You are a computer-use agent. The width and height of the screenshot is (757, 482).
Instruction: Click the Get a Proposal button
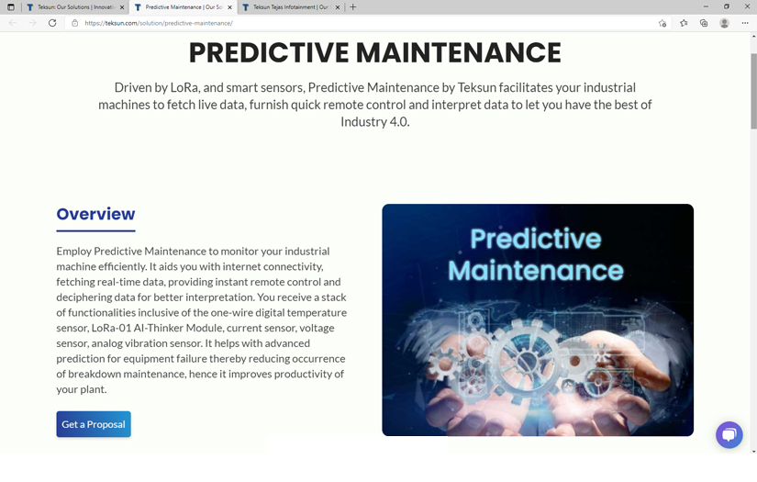(94, 424)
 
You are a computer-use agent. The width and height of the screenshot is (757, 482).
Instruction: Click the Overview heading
(95, 214)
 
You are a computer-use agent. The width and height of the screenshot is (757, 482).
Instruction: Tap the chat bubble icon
(729, 434)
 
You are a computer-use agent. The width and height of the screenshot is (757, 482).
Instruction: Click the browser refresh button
(52, 23)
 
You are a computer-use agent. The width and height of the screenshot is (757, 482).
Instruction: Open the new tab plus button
(353, 7)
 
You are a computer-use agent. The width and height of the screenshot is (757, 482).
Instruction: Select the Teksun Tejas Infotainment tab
(290, 7)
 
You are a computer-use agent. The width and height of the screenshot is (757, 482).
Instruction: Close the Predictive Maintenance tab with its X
(229, 7)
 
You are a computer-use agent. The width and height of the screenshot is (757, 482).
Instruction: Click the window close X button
(745, 6)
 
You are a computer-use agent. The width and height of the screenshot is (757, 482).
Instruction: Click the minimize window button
(706, 6)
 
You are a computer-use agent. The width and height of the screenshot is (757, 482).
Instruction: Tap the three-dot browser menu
(745, 23)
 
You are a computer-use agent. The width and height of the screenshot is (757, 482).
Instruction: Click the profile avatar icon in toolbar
(724, 23)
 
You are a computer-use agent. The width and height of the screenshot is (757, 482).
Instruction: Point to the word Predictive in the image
(536, 240)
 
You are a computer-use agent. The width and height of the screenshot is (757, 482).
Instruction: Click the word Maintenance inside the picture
(536, 271)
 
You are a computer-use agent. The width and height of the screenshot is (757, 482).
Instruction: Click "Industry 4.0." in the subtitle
(375, 122)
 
